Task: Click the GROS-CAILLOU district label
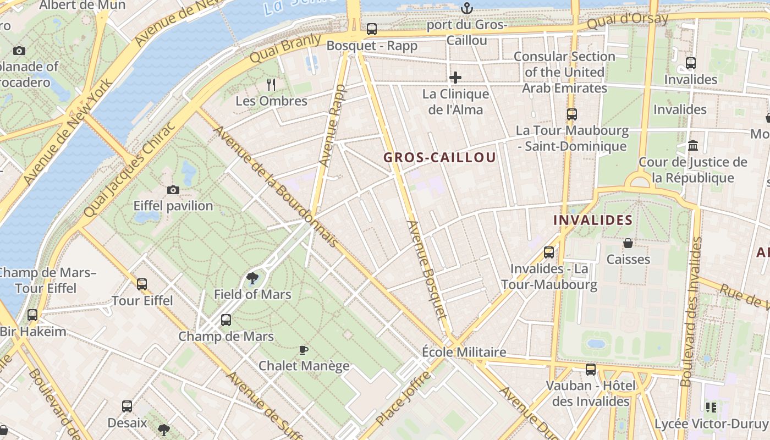click(x=439, y=157)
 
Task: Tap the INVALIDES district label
click(x=592, y=220)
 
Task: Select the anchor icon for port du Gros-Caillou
click(x=466, y=8)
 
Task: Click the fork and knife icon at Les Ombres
click(x=271, y=84)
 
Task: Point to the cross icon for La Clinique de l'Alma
click(x=455, y=78)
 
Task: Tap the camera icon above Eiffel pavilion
click(x=173, y=190)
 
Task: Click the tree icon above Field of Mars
click(x=252, y=278)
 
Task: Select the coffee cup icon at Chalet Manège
click(x=303, y=350)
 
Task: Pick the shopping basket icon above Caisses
click(x=628, y=243)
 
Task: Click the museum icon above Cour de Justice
click(x=693, y=146)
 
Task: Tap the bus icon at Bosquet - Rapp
click(x=372, y=29)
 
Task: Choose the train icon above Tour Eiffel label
click(x=142, y=284)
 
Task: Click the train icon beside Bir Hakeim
click(x=32, y=315)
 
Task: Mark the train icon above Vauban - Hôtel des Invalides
click(x=590, y=369)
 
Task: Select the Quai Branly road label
click(x=285, y=48)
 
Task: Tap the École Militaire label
click(x=464, y=352)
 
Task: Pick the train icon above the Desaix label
click(x=127, y=406)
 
